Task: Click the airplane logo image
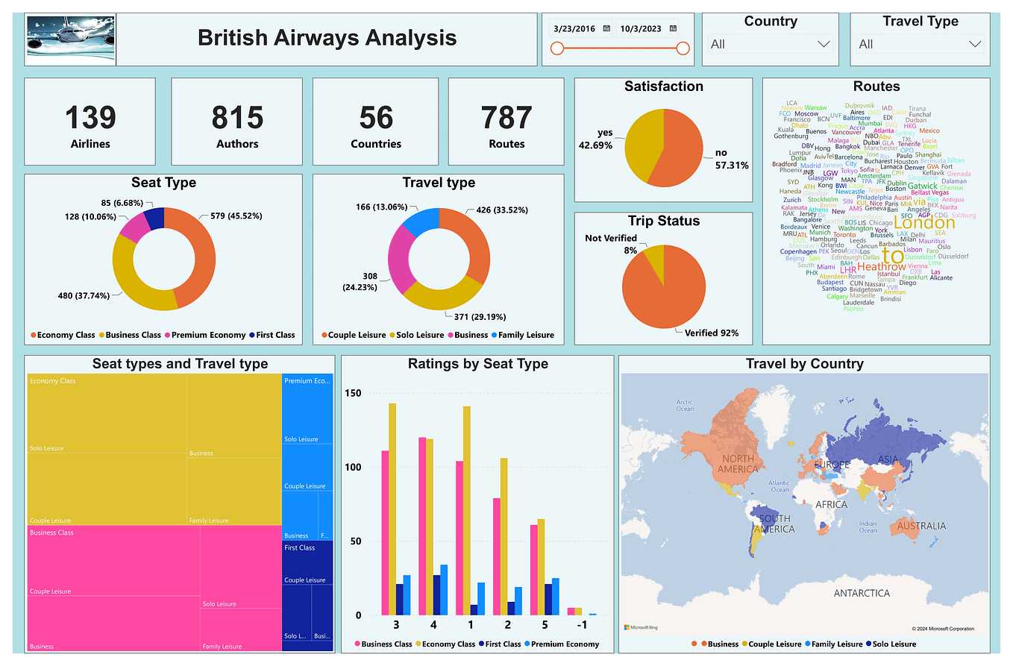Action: point(71,39)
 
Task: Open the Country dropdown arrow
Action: point(824,44)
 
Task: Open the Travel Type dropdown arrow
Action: point(974,44)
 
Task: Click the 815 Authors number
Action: point(237,118)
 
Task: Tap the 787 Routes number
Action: point(506,118)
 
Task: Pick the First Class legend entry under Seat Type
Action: point(275,335)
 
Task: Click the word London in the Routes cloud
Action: point(923,222)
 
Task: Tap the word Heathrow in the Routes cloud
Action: point(881,266)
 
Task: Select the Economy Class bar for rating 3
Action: point(392,509)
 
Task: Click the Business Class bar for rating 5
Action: point(534,570)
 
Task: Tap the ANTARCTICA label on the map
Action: point(862,593)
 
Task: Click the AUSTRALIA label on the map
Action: point(921,526)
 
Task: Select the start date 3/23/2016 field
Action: point(574,28)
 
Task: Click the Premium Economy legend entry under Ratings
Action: point(565,644)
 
